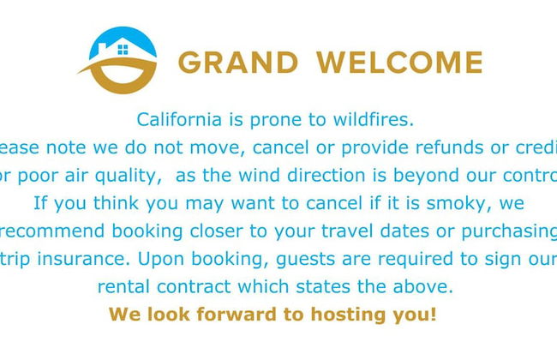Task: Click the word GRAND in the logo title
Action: [x=238, y=63]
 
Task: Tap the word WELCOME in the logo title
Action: [x=399, y=63]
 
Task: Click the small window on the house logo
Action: [x=123, y=49]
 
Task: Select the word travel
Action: [x=325, y=231]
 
